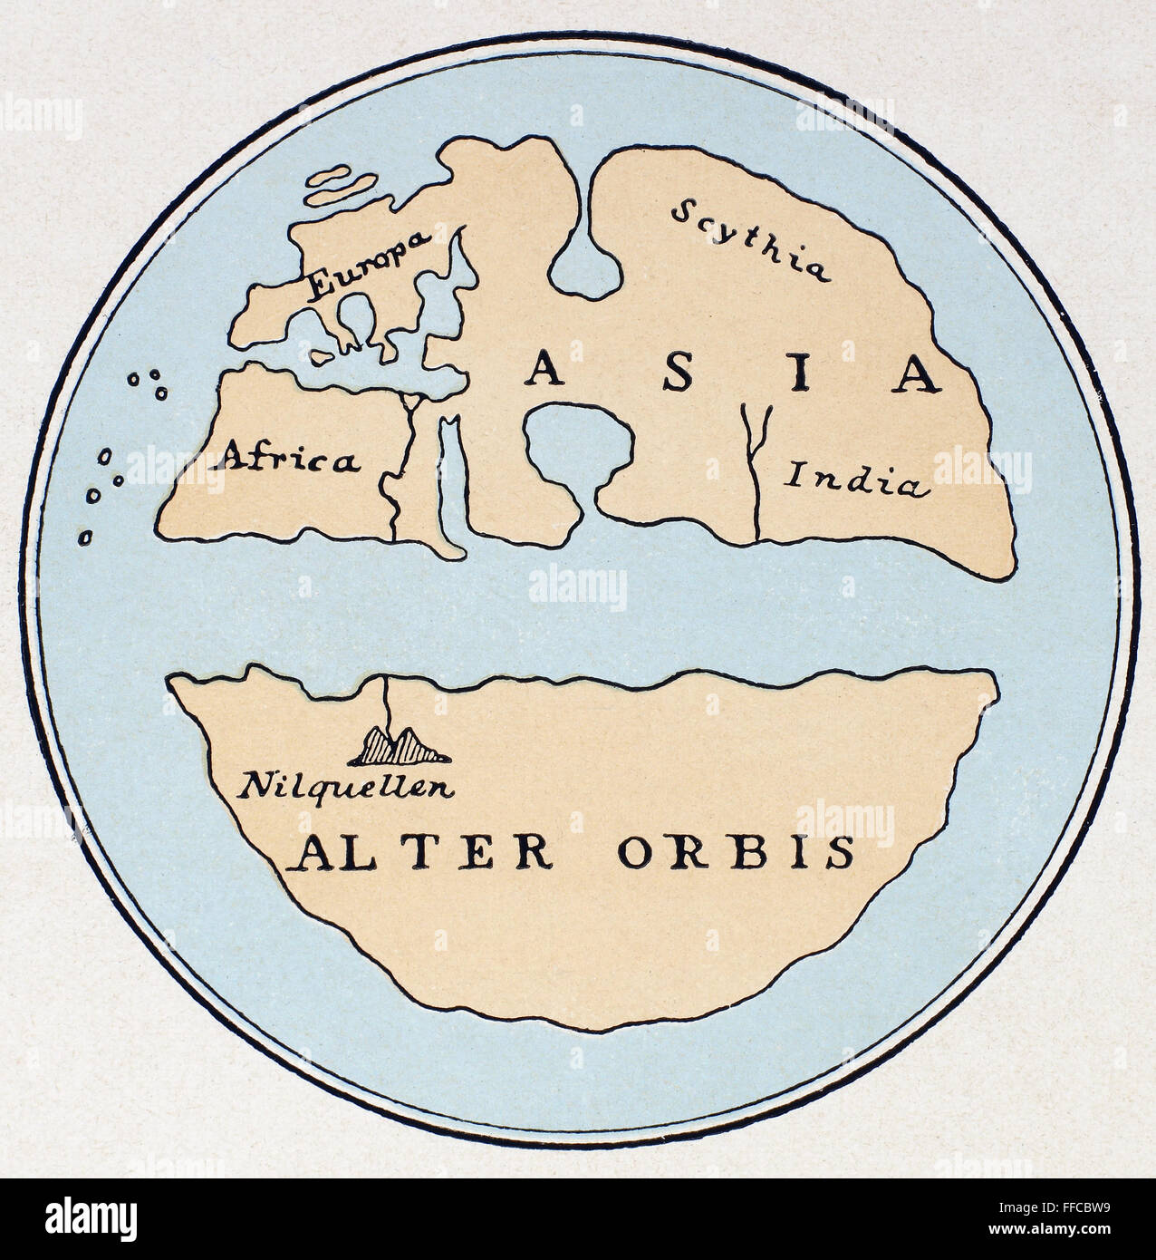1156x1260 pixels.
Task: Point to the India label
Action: tap(857, 479)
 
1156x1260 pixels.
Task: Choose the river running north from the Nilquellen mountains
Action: tap(388, 703)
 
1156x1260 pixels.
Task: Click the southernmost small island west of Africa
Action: tap(86, 536)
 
